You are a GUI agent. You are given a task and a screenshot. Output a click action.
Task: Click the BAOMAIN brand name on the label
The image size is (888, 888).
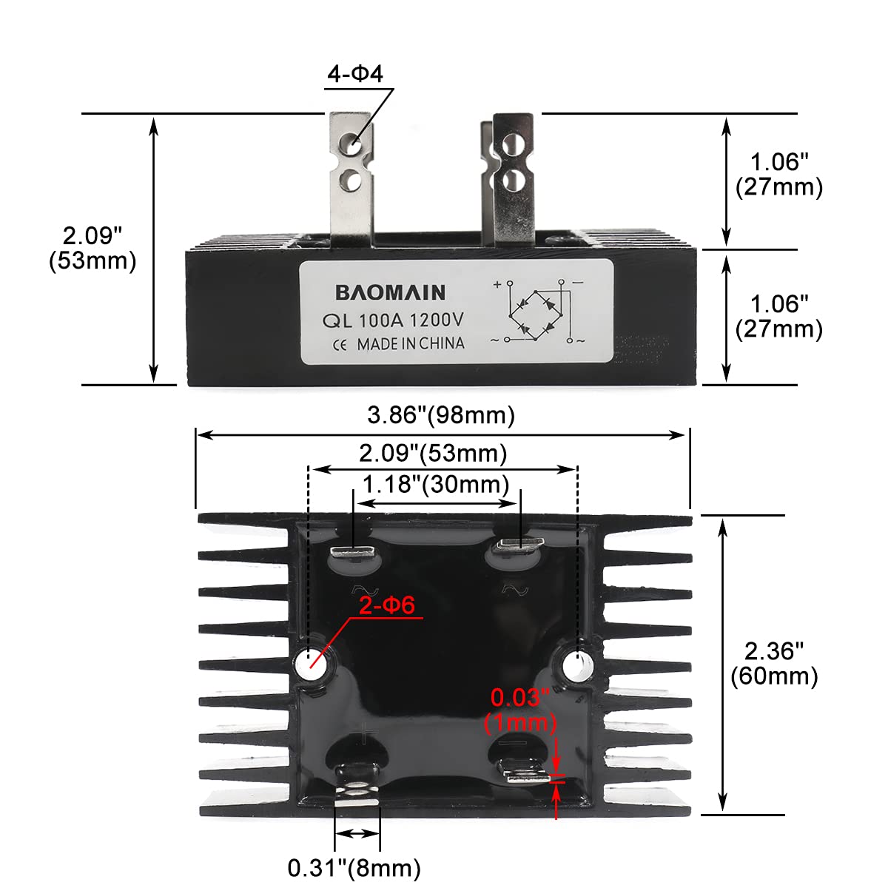coord(391,292)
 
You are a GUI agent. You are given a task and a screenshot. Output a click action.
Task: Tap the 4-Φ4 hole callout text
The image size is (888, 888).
coord(356,74)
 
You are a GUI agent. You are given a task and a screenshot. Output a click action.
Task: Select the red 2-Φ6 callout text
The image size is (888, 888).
coord(387,605)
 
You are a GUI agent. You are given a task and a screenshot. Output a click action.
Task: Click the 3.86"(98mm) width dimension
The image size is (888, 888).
coord(441,415)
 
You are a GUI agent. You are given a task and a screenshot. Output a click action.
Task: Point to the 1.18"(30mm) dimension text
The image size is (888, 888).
coord(435,485)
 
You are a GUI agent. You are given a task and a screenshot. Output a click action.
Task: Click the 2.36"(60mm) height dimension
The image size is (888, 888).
coord(774,664)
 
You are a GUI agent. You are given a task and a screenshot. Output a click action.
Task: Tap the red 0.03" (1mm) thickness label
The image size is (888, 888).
coord(520,709)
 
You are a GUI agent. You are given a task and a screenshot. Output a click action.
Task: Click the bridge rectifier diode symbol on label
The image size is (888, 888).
coord(536,312)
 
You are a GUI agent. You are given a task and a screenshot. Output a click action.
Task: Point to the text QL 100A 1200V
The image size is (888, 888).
coord(393,321)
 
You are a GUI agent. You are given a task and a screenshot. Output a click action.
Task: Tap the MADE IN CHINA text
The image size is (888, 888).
coord(411,344)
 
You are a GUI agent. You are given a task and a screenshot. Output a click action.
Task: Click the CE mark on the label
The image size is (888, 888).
coord(340,345)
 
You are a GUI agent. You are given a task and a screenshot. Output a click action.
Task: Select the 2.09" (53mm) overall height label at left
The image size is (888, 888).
coord(92,249)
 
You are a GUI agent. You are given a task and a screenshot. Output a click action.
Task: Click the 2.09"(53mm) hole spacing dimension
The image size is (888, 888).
coord(433,453)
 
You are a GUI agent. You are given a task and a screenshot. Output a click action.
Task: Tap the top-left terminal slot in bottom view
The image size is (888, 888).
coord(354,551)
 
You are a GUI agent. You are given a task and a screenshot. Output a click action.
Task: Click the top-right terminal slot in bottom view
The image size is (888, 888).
coord(519,546)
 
